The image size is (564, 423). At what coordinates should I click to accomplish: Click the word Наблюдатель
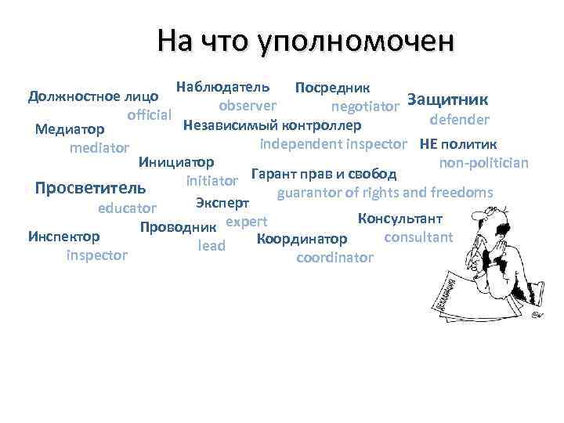click(x=223, y=85)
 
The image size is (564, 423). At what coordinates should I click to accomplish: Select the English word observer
click(x=247, y=105)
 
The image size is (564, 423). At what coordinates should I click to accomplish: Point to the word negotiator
click(x=366, y=106)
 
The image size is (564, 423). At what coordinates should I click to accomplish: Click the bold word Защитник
click(x=448, y=100)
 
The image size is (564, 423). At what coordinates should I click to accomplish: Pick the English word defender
click(x=460, y=120)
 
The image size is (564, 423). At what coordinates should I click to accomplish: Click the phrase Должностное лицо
click(x=93, y=97)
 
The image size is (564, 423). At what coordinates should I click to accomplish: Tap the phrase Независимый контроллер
click(x=271, y=125)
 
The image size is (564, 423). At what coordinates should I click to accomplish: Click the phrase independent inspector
click(x=333, y=144)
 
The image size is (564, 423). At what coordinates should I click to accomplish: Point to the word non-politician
click(x=483, y=163)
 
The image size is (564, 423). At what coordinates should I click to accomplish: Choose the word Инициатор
click(x=175, y=163)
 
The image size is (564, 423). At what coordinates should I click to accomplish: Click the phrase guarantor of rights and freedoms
click(x=385, y=192)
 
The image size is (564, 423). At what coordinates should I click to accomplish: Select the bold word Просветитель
click(x=91, y=189)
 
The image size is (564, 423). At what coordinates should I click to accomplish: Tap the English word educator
click(x=127, y=209)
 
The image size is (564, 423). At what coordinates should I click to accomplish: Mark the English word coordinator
click(x=335, y=257)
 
